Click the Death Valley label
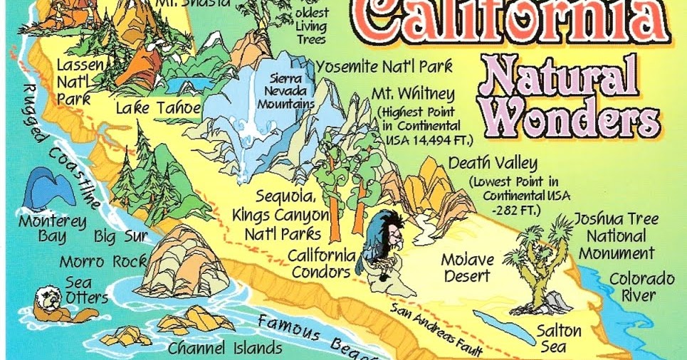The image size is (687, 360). coord(492,163)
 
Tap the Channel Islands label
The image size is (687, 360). coord(225,349)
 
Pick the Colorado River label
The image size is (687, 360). coord(641,286)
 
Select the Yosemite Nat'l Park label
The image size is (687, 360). coord(384,66)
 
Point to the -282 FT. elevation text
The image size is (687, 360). coord(515,211)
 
